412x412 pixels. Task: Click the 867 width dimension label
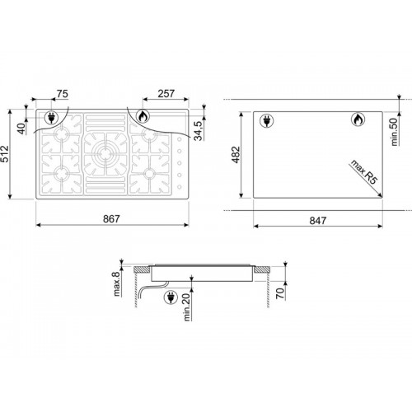[111, 219]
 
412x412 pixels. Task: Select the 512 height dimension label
[5, 154]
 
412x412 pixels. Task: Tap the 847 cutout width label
[318, 220]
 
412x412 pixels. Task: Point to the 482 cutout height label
[236, 155]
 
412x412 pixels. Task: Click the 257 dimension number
[166, 94]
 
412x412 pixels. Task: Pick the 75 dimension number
[62, 94]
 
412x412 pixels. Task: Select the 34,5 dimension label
[199, 130]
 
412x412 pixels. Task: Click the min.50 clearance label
[394, 132]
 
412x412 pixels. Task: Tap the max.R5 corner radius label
[364, 172]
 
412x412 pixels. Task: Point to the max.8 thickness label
[117, 283]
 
